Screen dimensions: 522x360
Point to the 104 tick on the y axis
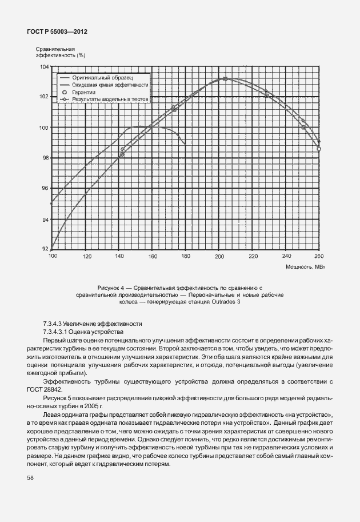point(44,67)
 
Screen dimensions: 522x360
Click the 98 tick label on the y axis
point(45,158)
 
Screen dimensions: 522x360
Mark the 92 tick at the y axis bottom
point(45,249)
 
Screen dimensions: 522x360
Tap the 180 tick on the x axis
point(185,257)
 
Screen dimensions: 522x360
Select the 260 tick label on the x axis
point(319,257)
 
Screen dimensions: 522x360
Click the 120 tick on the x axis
point(86,257)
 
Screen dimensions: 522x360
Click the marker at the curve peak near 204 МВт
point(225,79)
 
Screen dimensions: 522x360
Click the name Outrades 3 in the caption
point(240,302)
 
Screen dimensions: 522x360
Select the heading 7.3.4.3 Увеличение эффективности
point(93,324)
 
